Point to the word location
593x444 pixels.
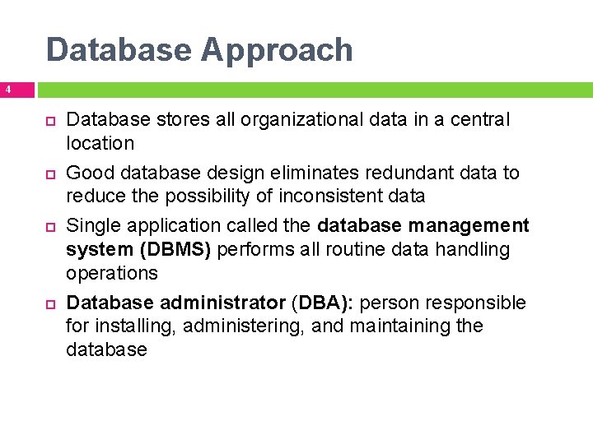pyautogui.click(x=100, y=143)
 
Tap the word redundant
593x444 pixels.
pyautogui.click(x=412, y=173)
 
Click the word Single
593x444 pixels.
pyautogui.click(x=92, y=225)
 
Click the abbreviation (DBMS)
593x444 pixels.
pyautogui.click(x=174, y=249)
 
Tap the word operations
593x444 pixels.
pyautogui.click(x=111, y=272)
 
